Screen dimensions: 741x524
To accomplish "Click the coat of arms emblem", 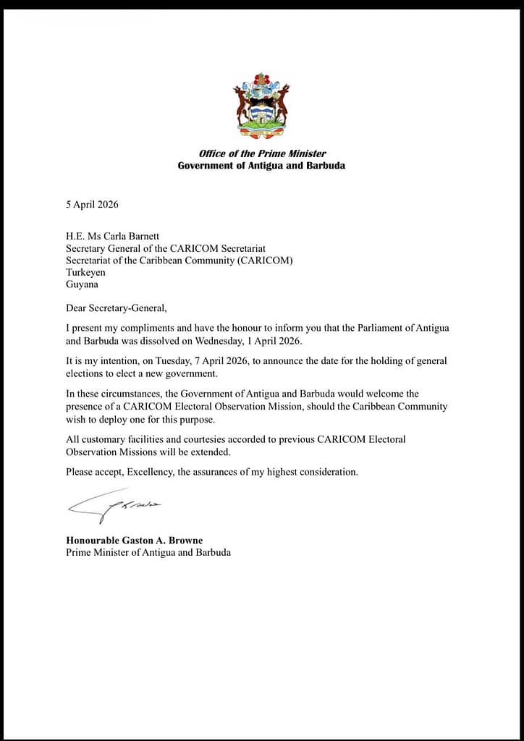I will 261,105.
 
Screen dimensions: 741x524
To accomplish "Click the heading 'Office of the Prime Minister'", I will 262,153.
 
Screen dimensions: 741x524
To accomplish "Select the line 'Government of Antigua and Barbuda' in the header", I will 261,166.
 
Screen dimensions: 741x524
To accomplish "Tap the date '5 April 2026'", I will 92,204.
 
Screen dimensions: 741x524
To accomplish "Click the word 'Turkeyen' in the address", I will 85,272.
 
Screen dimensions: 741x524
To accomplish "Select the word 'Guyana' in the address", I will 81,284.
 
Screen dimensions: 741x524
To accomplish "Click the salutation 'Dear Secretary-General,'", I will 116,308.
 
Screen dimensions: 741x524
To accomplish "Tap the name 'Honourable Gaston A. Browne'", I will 135,541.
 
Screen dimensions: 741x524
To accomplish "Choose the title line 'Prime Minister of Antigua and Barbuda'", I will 148,553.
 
